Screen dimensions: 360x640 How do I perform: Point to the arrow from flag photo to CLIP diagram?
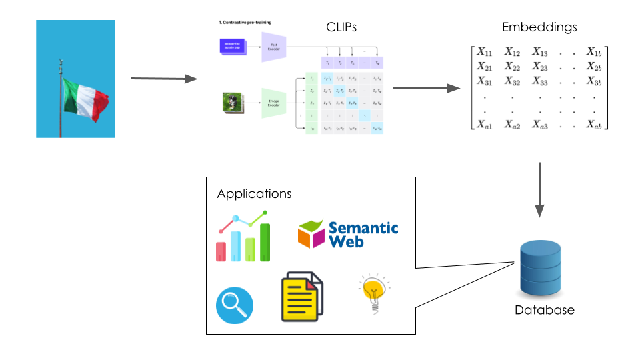tap(164, 79)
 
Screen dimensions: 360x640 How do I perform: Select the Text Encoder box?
tap(274, 47)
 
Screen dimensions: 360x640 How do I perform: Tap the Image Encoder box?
tap(274, 103)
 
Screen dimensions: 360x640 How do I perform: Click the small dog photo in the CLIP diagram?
tap(231, 103)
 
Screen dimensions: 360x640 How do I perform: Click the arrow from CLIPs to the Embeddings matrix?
tap(427, 88)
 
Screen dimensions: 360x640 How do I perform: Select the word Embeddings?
tap(539, 27)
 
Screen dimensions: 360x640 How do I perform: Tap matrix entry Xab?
tap(595, 124)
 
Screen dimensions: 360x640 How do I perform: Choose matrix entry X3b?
tap(595, 81)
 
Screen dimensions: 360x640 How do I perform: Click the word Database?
tap(544, 310)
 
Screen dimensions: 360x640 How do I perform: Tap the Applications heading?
tap(254, 194)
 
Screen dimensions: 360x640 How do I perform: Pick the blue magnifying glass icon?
tap(235, 305)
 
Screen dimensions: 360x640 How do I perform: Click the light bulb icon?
tap(372, 293)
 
